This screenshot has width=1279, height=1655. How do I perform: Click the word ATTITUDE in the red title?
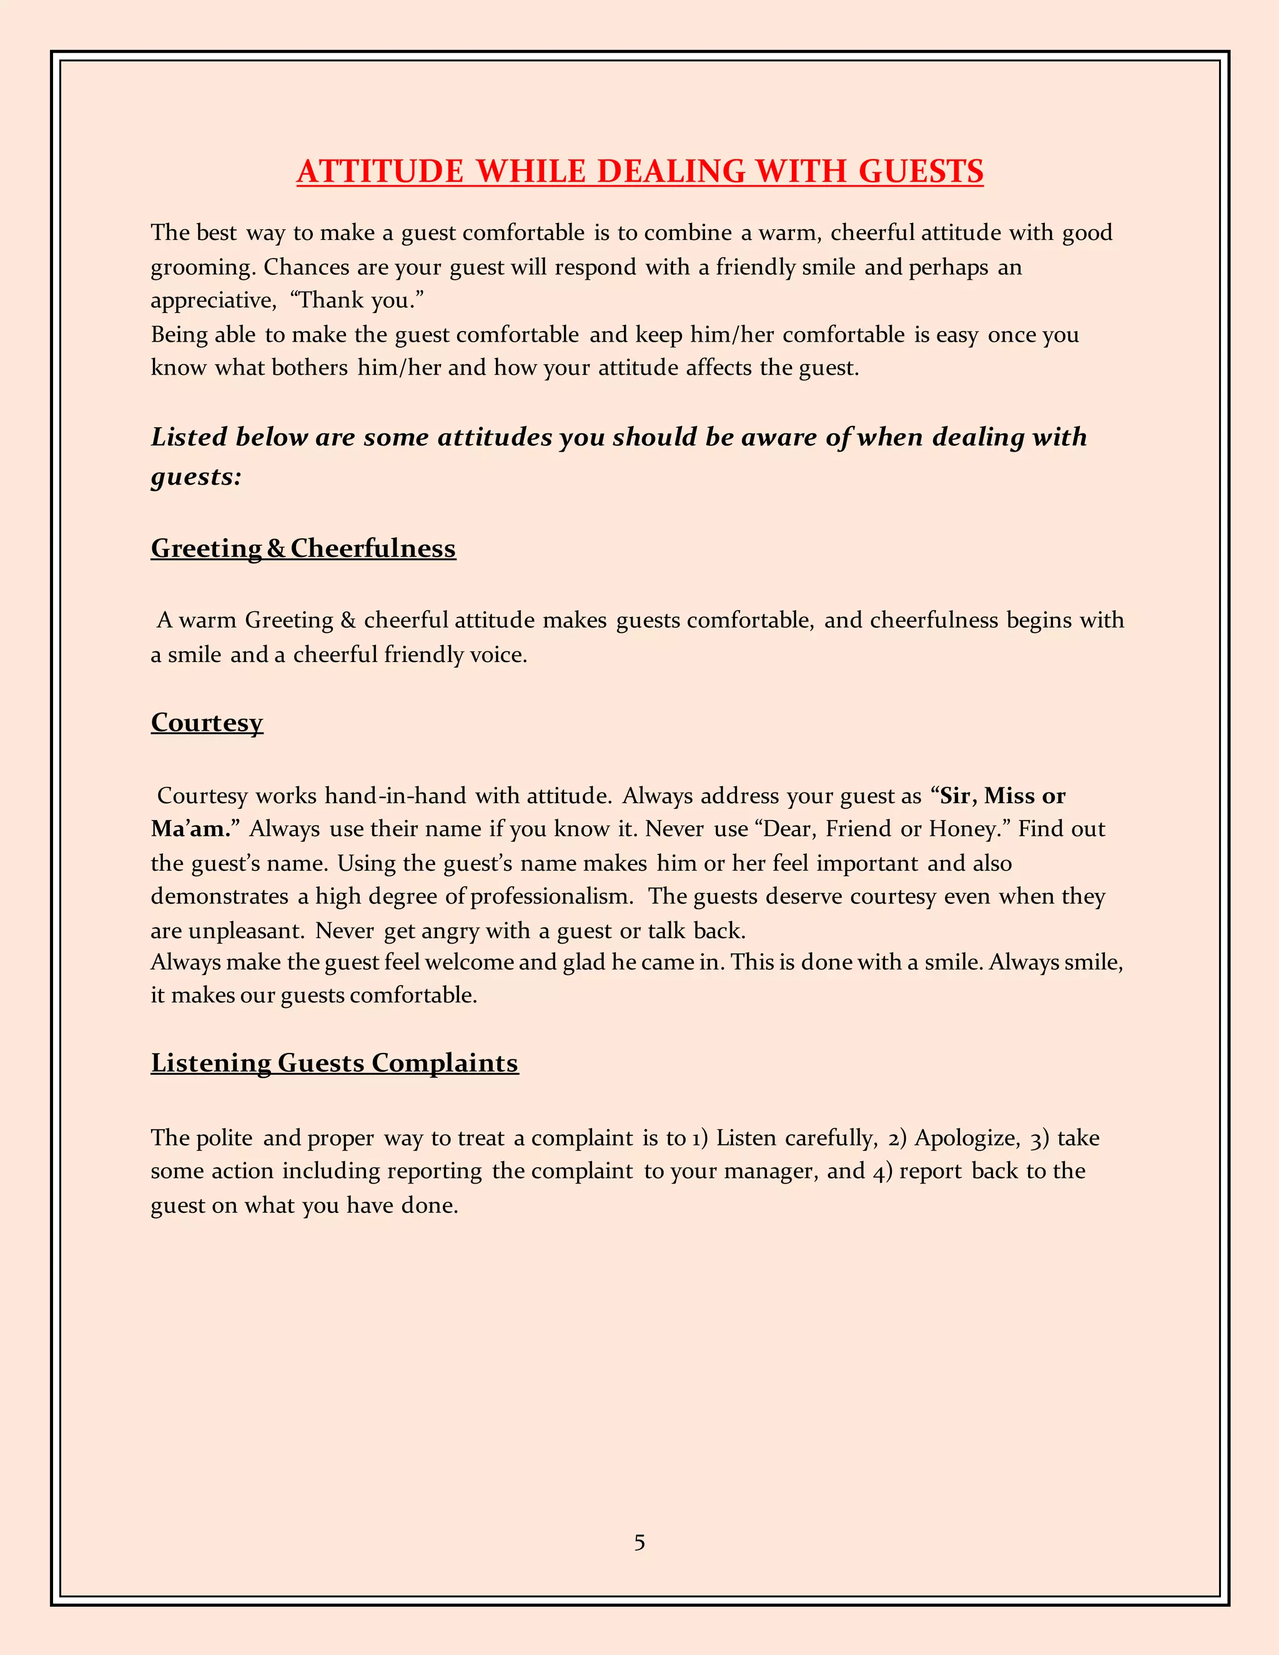[380, 171]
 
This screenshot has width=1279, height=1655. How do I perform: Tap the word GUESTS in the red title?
[921, 171]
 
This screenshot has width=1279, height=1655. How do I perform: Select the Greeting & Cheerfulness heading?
[303, 548]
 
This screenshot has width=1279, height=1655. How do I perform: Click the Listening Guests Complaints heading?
[334, 1062]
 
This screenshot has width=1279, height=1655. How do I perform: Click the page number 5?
[639, 1543]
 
